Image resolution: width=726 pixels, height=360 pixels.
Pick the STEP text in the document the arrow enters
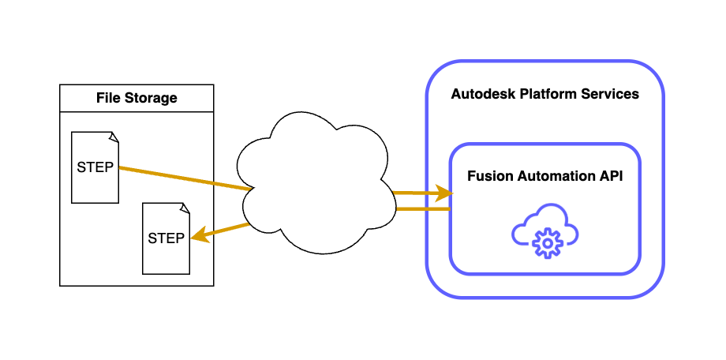point(167,238)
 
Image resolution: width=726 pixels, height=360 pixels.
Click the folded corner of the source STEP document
point(114,137)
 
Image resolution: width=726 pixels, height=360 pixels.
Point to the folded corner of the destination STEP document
point(185,208)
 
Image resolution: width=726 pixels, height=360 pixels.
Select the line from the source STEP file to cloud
point(181,178)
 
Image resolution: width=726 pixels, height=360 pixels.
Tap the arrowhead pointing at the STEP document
point(200,234)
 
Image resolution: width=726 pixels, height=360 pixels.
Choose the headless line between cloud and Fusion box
point(422,209)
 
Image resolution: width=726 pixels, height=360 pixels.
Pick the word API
point(610,177)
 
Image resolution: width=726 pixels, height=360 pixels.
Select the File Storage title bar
point(137,99)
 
